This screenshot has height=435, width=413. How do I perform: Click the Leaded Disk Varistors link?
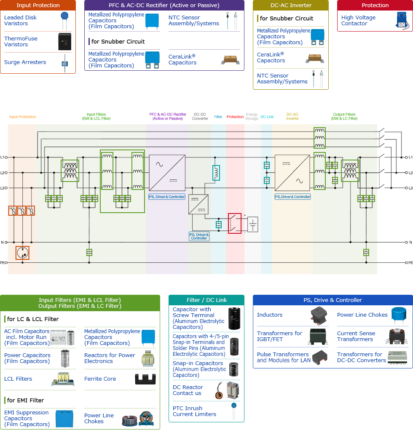pyautogui.click(x=20, y=20)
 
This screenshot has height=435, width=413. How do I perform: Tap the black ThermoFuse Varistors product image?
pyautogui.click(x=65, y=41)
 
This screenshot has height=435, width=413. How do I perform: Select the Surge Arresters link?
pyautogui.click(x=25, y=62)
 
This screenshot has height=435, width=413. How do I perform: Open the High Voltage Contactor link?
pyautogui.click(x=358, y=20)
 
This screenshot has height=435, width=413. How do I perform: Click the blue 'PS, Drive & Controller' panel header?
pyautogui.click(x=333, y=300)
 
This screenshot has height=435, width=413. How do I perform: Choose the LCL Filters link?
pyautogui.click(x=18, y=379)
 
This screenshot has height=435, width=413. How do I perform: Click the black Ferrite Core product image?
pyautogui.click(x=145, y=379)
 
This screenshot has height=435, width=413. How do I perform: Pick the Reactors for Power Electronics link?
pyautogui.click(x=110, y=358)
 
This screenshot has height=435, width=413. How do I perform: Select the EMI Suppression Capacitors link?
pyautogui.click(x=27, y=418)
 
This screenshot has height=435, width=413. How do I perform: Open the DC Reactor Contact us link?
pyautogui.click(x=188, y=390)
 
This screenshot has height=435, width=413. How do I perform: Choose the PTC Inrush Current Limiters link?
pyautogui.click(x=194, y=411)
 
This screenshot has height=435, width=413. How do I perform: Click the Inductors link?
pyautogui.click(x=270, y=315)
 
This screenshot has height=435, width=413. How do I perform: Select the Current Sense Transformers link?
pyautogui.click(x=356, y=336)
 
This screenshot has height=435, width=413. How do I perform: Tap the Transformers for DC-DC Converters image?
pyautogui.click(x=398, y=357)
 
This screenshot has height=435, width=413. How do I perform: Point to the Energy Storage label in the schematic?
pyautogui.click(x=252, y=116)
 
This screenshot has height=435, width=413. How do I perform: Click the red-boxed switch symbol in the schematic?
pyautogui.click(x=235, y=223)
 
